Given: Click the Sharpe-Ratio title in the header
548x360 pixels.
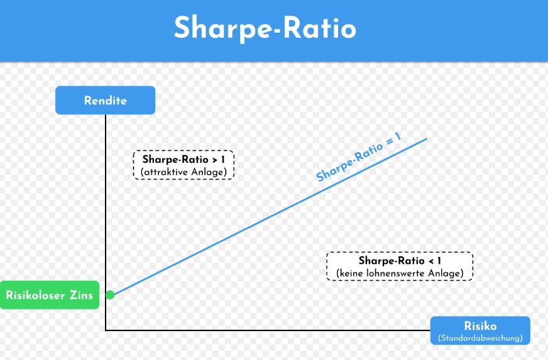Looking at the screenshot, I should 265,29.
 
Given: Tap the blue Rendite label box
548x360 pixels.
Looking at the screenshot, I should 105,101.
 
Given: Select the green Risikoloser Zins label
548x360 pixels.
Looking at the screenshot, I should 49,295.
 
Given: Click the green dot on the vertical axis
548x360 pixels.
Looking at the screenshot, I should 110,294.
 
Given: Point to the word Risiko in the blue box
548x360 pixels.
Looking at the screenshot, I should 480,326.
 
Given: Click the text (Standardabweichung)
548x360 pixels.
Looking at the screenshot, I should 480,339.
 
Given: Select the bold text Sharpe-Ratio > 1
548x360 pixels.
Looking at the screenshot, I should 183,160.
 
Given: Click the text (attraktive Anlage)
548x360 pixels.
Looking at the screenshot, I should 183,172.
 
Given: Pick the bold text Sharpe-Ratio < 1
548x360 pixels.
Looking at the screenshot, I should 399,261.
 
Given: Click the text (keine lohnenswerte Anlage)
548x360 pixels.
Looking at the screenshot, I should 399,273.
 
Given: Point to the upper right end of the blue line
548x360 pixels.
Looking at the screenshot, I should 427,138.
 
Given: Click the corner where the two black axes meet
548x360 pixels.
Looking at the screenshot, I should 106,329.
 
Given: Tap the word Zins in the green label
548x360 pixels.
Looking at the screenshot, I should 81,295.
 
